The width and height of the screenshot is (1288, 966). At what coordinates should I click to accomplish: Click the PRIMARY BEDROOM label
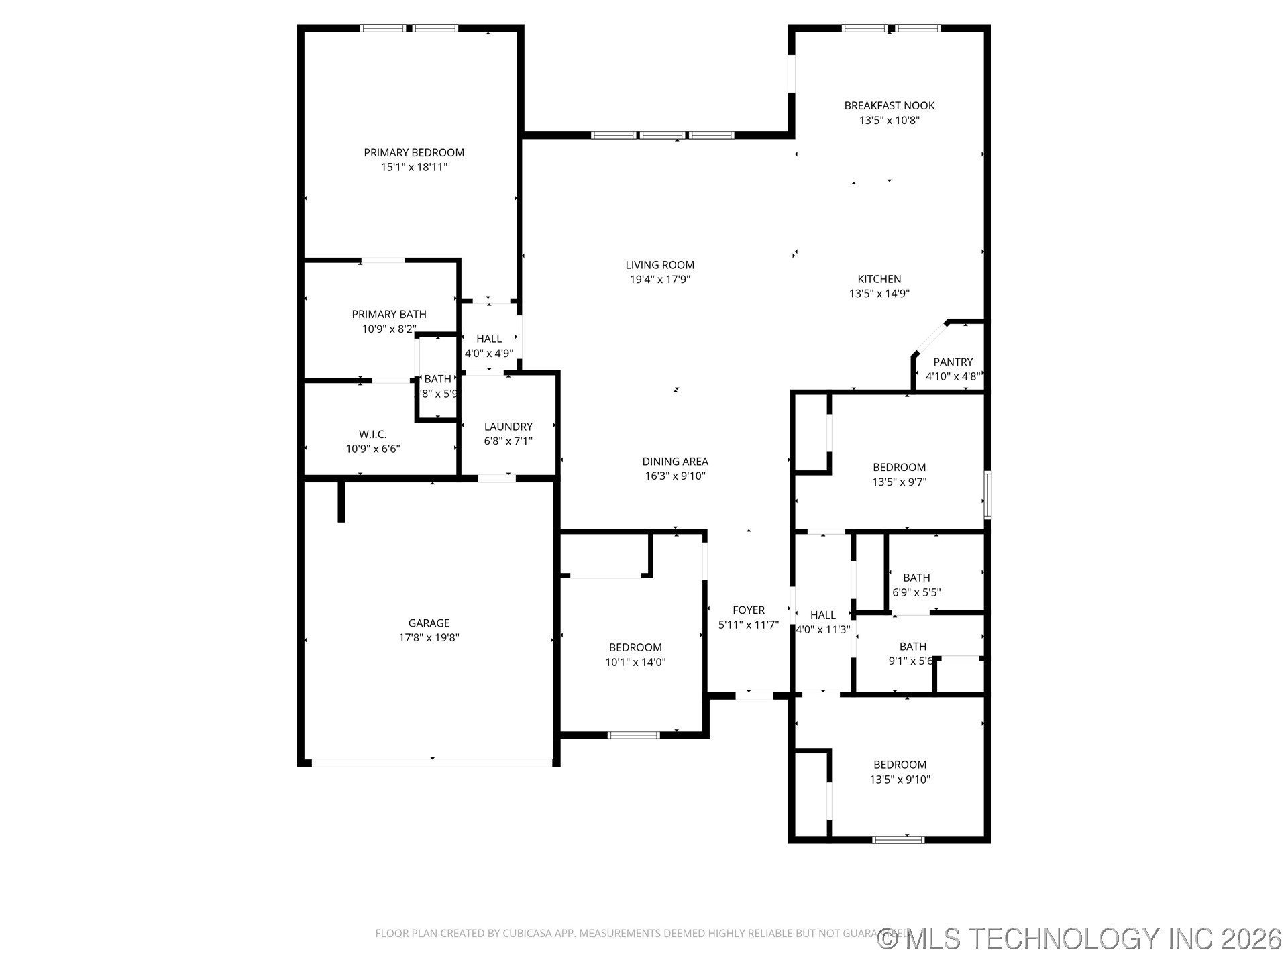click(414, 153)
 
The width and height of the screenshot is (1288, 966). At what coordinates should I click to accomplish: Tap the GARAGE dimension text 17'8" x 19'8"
click(429, 638)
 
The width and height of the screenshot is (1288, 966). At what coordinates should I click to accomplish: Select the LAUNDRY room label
click(508, 427)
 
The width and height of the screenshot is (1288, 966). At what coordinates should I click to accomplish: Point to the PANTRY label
click(953, 362)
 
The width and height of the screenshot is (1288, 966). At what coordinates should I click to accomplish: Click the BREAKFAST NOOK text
click(889, 106)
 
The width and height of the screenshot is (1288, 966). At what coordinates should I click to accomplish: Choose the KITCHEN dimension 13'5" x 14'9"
click(879, 294)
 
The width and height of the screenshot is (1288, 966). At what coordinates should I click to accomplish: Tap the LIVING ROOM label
click(659, 265)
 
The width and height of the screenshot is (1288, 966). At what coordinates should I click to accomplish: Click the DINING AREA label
click(675, 462)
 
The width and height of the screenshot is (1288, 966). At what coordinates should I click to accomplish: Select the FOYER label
click(748, 610)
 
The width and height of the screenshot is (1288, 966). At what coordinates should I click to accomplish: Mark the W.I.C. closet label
click(372, 435)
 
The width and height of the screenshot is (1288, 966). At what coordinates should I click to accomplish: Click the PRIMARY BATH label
click(389, 315)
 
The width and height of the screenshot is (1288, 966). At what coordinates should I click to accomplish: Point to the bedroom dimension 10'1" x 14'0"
click(635, 663)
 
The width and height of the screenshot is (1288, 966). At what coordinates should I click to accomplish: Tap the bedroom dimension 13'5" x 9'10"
click(900, 780)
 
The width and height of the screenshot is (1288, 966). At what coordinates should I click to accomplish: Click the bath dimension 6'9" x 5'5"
click(916, 593)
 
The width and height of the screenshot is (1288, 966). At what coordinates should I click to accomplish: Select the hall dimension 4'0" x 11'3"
click(822, 630)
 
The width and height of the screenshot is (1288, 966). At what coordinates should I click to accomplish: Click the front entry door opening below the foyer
click(754, 696)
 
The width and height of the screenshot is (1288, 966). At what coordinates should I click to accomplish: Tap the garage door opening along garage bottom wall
click(432, 763)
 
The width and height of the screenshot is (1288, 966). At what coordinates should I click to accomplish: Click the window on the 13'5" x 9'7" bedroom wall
click(987, 494)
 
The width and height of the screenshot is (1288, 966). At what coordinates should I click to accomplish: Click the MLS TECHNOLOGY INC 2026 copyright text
click(1080, 938)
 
